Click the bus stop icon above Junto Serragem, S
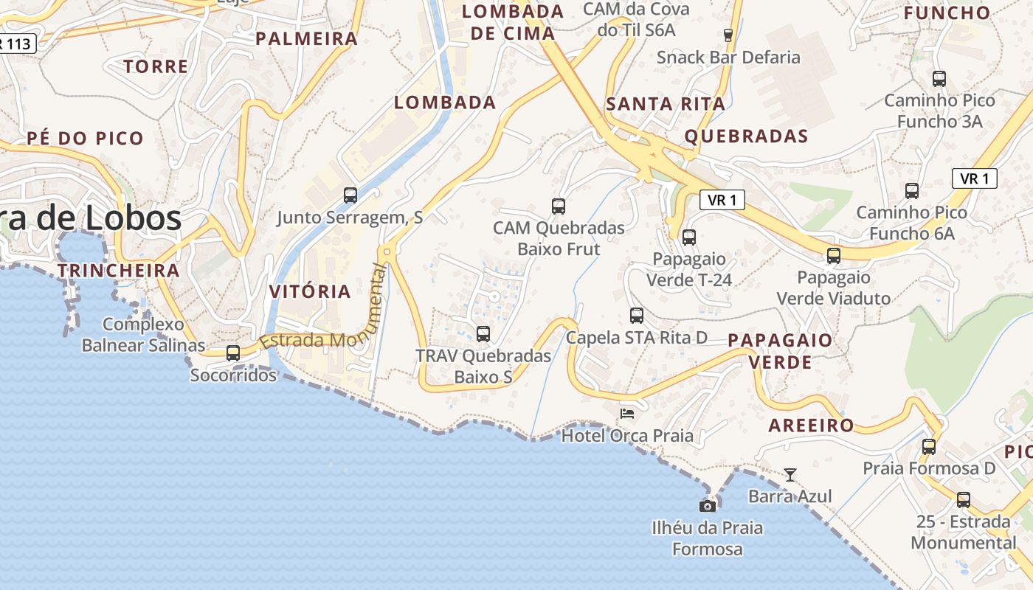(350, 195)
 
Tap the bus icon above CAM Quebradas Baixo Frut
(559, 206)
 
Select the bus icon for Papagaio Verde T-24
(688, 237)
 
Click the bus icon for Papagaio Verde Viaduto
(833, 256)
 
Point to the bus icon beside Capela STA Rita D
(636, 316)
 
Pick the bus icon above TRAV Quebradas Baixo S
(483, 334)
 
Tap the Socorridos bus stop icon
(233, 353)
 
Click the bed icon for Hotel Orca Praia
(627, 413)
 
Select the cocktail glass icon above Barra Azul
(790, 474)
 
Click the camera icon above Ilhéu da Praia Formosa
(707, 506)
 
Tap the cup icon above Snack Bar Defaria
(728, 35)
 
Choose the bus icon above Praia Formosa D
(928, 446)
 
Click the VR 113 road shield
(16, 44)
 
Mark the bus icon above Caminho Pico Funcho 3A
(939, 79)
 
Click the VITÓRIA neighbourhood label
(310, 291)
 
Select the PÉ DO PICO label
(85, 138)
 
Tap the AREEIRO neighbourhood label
(811, 426)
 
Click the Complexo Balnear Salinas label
(143, 335)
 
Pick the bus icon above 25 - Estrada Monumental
(963, 500)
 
